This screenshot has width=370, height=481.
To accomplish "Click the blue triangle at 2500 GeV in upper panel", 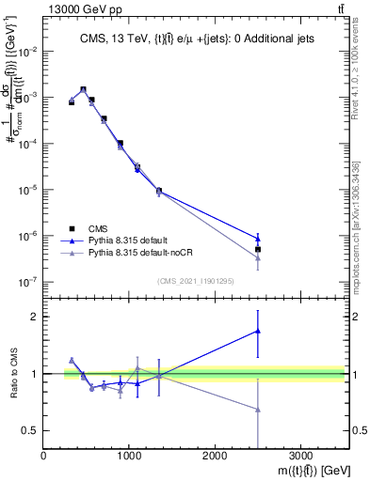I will click(258, 238).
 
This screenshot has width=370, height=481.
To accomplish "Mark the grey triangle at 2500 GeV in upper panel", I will click(258, 257).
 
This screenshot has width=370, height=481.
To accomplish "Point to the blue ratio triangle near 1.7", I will click(258, 331).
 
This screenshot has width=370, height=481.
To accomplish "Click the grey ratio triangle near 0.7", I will click(258, 410).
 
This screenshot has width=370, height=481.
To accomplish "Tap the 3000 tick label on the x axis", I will click(300, 458).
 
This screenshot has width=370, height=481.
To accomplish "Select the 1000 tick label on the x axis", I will click(129, 458).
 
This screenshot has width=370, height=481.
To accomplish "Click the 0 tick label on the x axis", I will click(44, 458).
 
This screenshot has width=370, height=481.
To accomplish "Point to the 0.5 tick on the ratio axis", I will click(31, 430).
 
